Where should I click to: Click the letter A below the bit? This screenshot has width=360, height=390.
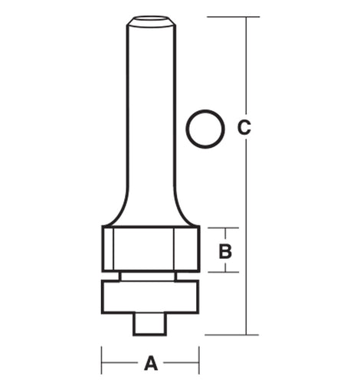point(151,362)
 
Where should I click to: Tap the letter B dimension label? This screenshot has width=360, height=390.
point(225,251)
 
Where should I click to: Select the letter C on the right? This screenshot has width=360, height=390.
point(244,127)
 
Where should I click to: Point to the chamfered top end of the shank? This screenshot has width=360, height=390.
point(151,21)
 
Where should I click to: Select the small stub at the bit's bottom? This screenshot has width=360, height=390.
point(149,324)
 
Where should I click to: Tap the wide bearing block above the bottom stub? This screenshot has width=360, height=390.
point(150,297)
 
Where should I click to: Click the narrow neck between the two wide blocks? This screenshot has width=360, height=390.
point(148,277)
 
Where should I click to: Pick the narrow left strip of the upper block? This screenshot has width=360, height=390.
point(107,249)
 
